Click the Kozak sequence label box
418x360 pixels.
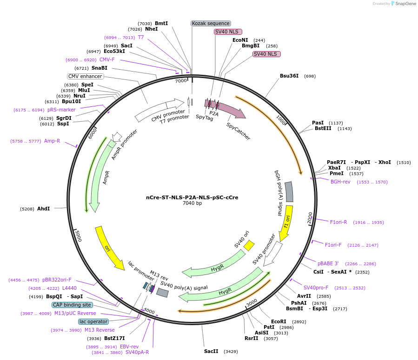[211, 23]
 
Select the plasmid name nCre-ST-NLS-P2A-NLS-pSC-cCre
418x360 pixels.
[192, 197]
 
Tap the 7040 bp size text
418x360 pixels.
[192, 203]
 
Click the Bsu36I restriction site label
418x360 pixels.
[289, 76]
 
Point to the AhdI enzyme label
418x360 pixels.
[43, 209]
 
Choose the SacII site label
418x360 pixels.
[211, 351]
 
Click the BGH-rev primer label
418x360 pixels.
[340, 182]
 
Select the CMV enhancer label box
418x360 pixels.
[85, 76]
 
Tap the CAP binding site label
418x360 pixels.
[72, 305]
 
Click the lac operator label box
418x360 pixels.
[93, 321]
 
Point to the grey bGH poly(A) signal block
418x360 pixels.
[289, 191]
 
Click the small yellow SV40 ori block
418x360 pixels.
[249, 245]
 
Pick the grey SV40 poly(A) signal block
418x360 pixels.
[162, 292]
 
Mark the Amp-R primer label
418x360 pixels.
[52, 141]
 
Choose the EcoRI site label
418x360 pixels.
[279, 321]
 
